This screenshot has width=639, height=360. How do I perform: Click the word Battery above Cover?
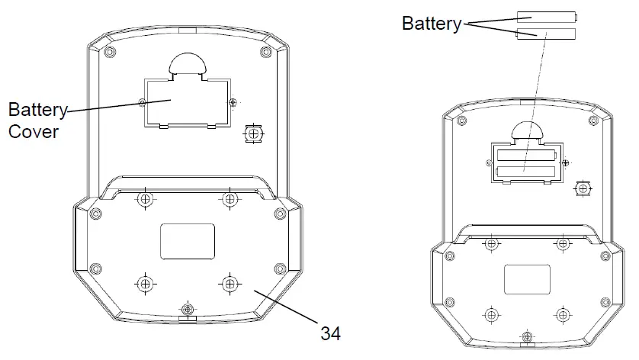click(x=37, y=110)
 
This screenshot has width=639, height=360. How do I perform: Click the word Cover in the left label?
click(x=34, y=132)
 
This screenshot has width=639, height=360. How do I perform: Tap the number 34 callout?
click(x=330, y=333)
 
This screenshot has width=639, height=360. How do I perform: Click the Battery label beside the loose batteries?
click(x=432, y=23)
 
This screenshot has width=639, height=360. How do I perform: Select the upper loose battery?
click(x=547, y=17)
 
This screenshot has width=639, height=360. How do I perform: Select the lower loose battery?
click(x=546, y=34)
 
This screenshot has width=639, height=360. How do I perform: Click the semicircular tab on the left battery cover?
click(x=188, y=64)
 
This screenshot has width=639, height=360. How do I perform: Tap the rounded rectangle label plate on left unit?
click(x=188, y=241)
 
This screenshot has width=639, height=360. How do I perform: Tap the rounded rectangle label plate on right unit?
click(x=527, y=279)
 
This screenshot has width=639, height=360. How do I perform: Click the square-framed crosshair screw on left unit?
click(x=253, y=133)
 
